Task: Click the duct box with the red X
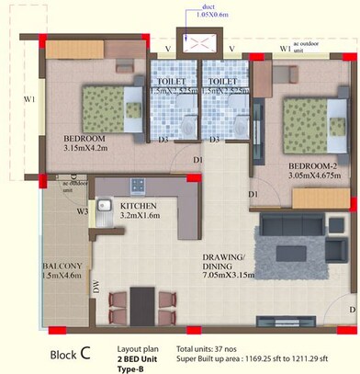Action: [x=199, y=43]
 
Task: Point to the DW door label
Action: [x=96, y=287]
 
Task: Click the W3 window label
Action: [x=82, y=210]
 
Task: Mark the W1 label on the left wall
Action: [x=29, y=100]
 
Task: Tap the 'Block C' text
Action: [x=70, y=353]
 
